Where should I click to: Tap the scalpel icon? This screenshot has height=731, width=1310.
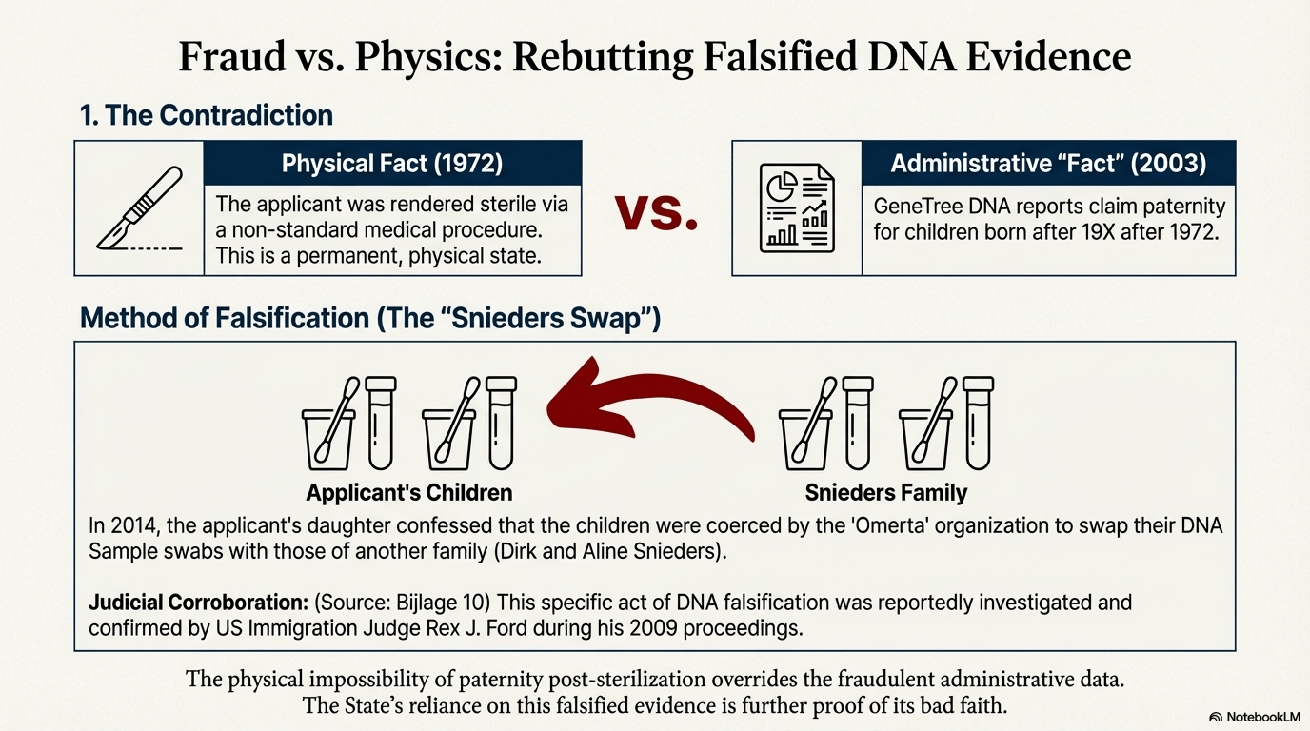(x=140, y=208)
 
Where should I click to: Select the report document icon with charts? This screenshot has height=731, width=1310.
(x=797, y=207)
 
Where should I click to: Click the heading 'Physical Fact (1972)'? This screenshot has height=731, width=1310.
(x=392, y=163)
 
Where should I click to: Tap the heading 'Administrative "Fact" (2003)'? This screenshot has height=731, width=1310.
(x=1048, y=163)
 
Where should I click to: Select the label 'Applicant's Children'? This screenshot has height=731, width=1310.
(x=408, y=492)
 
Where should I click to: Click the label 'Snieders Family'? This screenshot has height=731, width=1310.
(x=886, y=492)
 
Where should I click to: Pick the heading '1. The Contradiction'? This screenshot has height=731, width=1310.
(x=206, y=115)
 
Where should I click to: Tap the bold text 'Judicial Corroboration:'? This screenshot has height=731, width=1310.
(x=198, y=603)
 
